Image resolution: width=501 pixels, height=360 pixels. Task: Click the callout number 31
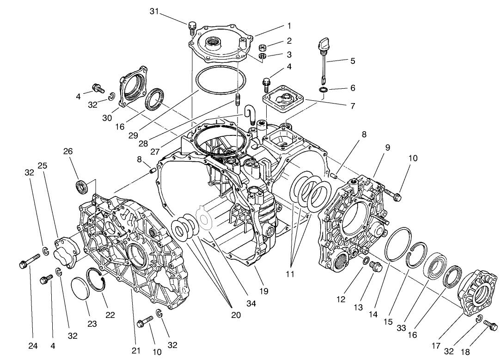pos(154,12)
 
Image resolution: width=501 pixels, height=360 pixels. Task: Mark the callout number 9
pos(387,147)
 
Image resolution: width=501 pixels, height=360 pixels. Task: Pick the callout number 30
pos(108,118)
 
